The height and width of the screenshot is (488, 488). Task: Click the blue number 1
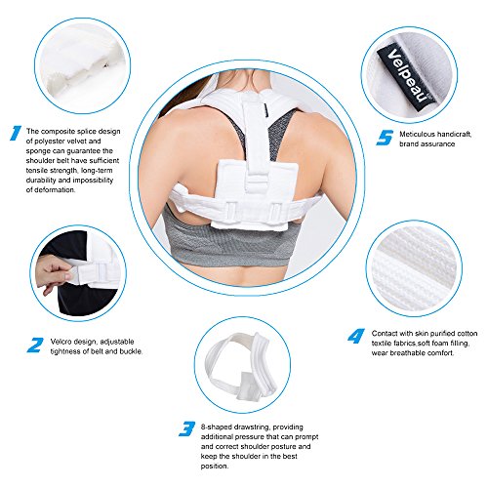(x=16, y=133)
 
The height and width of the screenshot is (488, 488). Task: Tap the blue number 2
(x=35, y=345)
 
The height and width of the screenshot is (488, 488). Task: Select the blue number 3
(x=187, y=428)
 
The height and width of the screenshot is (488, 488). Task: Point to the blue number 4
(x=356, y=336)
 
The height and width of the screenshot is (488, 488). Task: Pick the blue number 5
(x=385, y=138)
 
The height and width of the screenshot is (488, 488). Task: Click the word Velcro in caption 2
(x=61, y=342)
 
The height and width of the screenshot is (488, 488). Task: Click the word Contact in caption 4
(x=384, y=334)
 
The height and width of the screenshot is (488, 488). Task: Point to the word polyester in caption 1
(x=50, y=142)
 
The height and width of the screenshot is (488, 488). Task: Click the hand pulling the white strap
(x=53, y=272)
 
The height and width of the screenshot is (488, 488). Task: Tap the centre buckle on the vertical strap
(x=256, y=184)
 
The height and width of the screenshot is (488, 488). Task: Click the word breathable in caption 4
(x=405, y=353)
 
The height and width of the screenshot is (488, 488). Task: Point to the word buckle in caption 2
(x=131, y=351)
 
